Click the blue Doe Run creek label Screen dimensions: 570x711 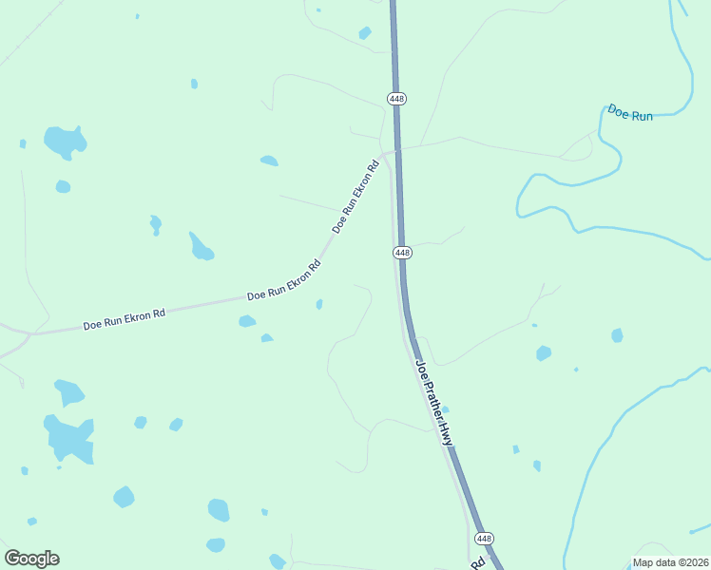tap(630, 114)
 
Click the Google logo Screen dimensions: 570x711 tap(31, 559)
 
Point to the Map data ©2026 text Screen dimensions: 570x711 tap(669, 562)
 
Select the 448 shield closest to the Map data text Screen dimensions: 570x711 tap(485, 539)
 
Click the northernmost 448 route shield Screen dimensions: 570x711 tap(396, 99)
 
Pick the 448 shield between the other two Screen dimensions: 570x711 tap(402, 253)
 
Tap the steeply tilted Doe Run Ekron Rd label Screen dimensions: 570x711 tap(356, 197)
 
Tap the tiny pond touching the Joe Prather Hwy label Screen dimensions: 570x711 tap(445, 409)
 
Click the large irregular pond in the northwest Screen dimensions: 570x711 tap(65, 142)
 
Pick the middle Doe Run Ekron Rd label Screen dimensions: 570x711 tap(284, 283)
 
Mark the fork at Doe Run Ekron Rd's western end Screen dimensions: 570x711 tap(29, 334)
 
